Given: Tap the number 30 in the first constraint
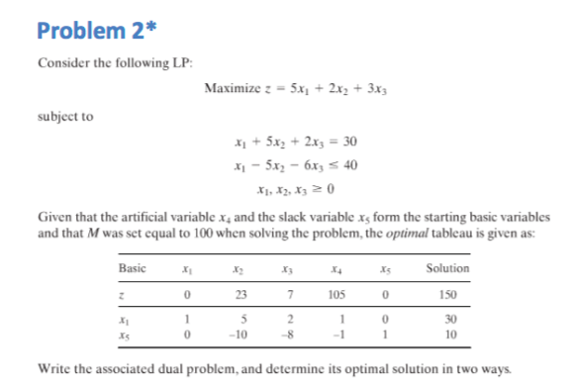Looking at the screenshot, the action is coord(334,141).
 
